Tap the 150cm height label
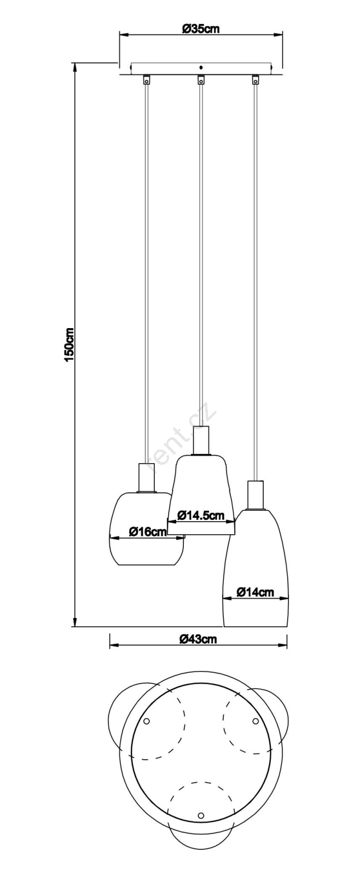[x=69, y=344]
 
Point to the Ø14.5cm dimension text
[x=201, y=515]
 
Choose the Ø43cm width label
[x=198, y=639]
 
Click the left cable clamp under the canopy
[x=146, y=79]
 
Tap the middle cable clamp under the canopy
[x=201, y=79]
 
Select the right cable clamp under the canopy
[x=256, y=79]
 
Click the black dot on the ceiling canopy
[x=201, y=67]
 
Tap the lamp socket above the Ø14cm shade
[x=256, y=495]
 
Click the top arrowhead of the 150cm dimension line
[x=74, y=67]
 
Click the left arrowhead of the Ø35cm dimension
[x=125, y=35]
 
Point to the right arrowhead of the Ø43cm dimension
[x=282, y=646]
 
